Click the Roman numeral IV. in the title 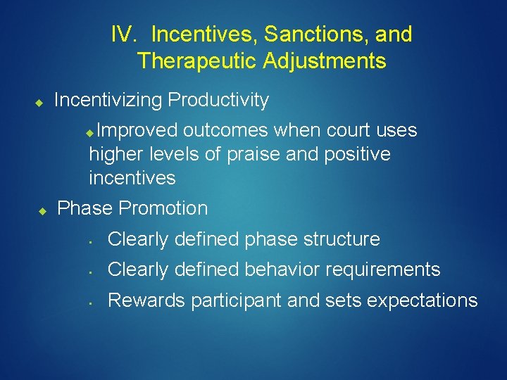pyautogui.click(x=124, y=34)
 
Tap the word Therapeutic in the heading pyautogui.click(x=197, y=61)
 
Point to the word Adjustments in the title pyautogui.click(x=325, y=61)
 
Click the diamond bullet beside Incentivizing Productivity pyautogui.click(x=39, y=103)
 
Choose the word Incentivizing pyautogui.click(x=108, y=101)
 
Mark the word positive pyautogui.click(x=357, y=154)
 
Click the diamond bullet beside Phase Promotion pyautogui.click(x=42, y=210)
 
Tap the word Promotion pyautogui.click(x=165, y=209)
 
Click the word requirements pyautogui.click(x=384, y=270)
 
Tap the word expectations pyautogui.click(x=423, y=301)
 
